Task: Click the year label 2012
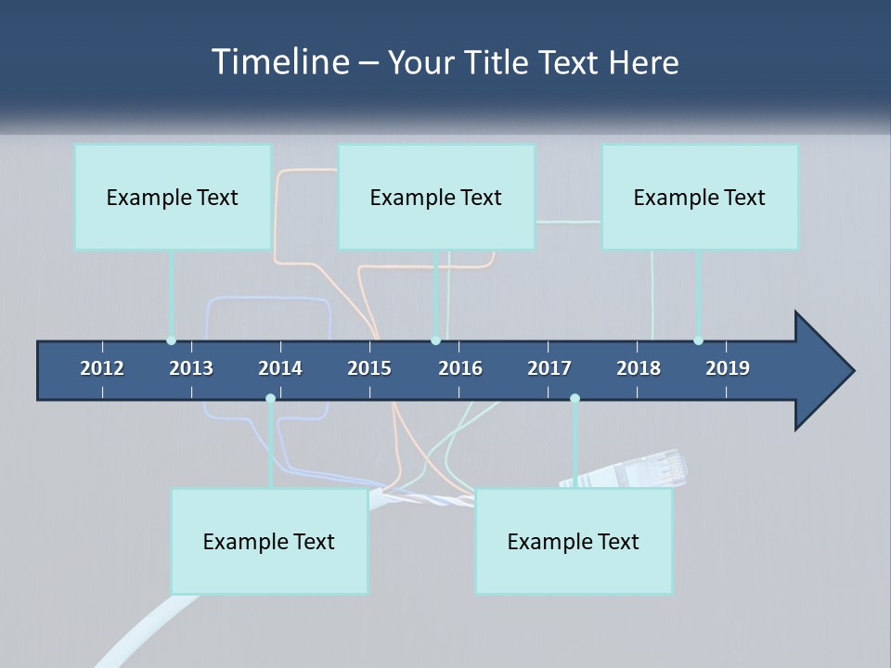(102, 368)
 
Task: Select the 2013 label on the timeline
(191, 368)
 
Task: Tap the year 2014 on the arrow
(280, 368)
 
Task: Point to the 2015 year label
(369, 368)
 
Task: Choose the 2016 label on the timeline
(460, 368)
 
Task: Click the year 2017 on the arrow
(549, 368)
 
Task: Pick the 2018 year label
(639, 368)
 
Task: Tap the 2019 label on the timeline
(728, 368)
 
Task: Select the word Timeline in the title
(279, 62)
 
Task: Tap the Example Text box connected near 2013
(173, 197)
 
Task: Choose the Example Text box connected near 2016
(436, 197)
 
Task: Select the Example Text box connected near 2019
(700, 197)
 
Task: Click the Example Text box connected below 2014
(269, 541)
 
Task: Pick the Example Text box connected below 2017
(574, 541)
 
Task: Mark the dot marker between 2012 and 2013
(171, 340)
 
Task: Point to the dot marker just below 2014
(270, 398)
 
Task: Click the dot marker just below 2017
(575, 398)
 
